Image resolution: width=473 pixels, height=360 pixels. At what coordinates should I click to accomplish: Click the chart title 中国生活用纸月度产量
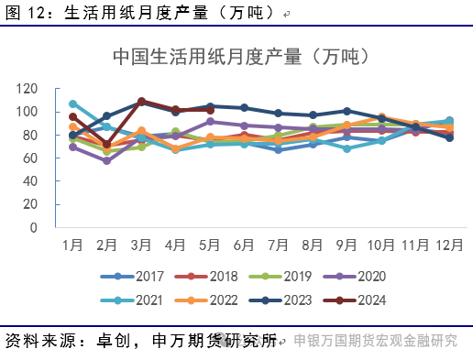pos(240,56)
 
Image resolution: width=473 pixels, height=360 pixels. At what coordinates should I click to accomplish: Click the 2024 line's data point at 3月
pos(141,101)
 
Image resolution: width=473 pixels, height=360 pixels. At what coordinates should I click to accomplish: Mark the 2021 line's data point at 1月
pos(73,104)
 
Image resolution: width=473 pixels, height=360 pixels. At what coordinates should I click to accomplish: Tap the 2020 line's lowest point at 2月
pos(107,160)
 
